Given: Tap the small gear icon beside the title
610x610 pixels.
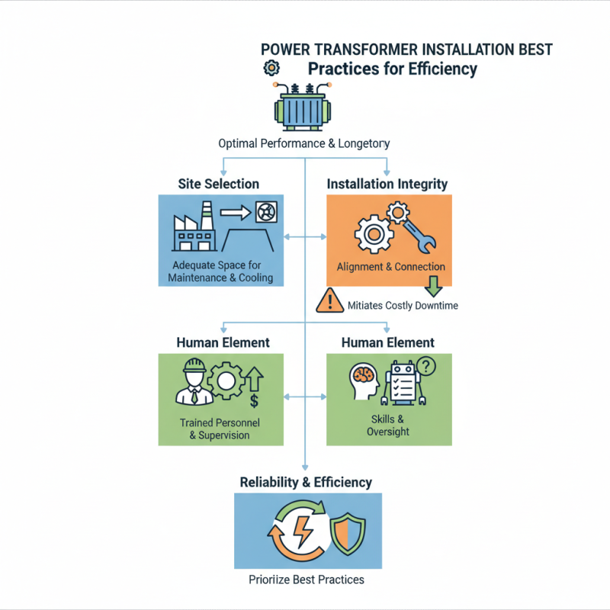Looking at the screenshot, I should click(x=270, y=69).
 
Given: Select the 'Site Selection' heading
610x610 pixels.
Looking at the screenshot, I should click(x=218, y=184).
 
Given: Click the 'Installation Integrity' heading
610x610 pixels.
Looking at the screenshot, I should click(x=387, y=184).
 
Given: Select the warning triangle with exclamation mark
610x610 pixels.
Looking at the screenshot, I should click(x=329, y=302).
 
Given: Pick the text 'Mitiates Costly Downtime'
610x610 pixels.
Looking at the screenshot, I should click(x=403, y=305).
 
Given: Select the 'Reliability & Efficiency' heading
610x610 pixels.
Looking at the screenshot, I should click(x=306, y=482).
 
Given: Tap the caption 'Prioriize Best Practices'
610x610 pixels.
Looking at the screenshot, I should click(x=307, y=579).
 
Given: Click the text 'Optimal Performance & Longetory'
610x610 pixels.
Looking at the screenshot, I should click(x=303, y=143).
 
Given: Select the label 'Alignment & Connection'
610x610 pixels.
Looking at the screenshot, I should click(x=390, y=267).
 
